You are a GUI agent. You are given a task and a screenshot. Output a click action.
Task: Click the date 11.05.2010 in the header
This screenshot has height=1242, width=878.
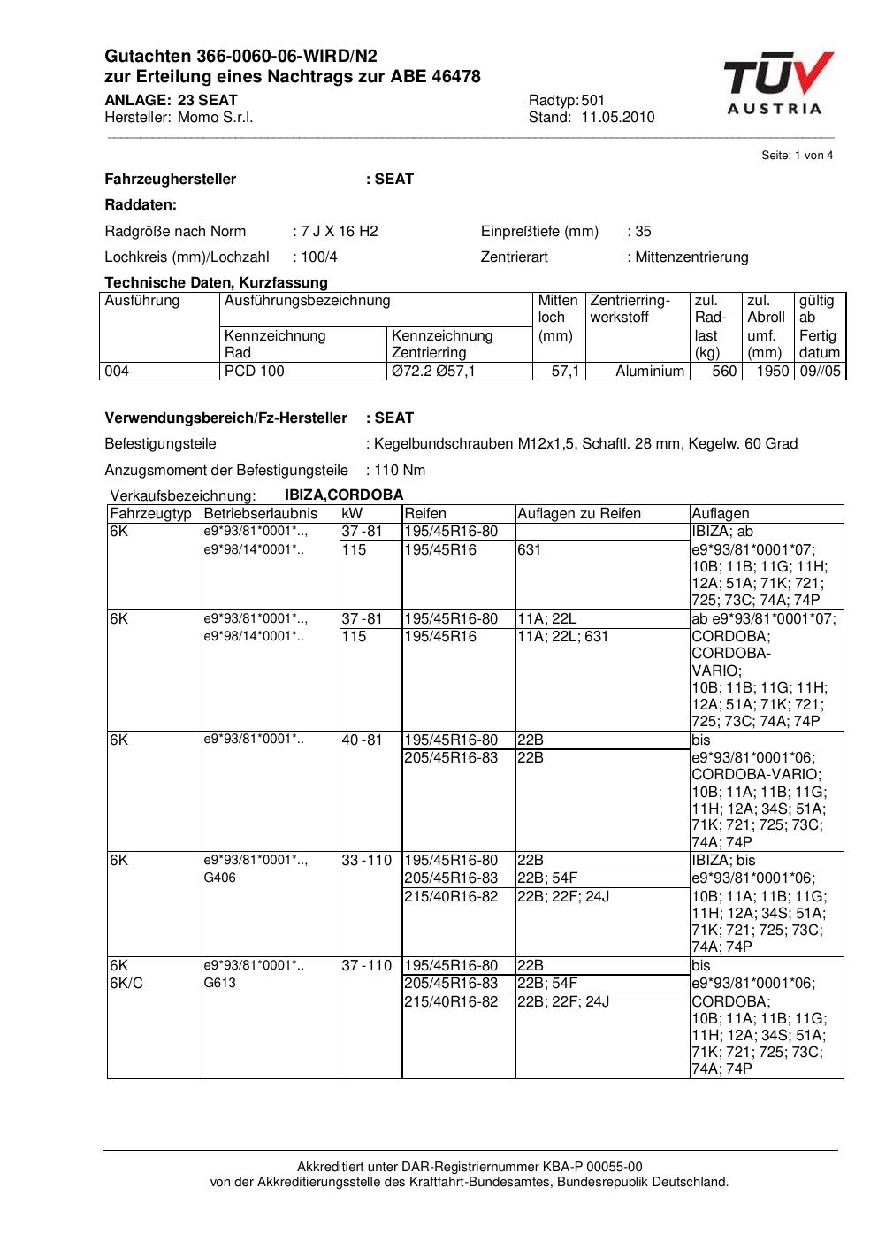(617, 118)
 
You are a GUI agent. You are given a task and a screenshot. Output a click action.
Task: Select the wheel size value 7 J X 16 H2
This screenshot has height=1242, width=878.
(339, 232)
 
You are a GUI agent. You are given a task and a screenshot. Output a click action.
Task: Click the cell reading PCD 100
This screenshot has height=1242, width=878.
(255, 372)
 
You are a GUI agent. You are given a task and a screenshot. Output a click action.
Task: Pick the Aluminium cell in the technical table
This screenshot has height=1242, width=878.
(650, 372)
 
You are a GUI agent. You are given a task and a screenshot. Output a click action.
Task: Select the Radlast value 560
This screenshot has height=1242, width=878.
(724, 372)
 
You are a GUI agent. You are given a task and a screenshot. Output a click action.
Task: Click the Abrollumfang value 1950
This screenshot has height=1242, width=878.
(772, 372)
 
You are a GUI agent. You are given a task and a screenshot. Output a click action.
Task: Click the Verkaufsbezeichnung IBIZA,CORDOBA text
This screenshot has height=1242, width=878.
(344, 495)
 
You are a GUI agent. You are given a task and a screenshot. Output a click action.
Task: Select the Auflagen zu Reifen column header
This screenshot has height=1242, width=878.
(579, 514)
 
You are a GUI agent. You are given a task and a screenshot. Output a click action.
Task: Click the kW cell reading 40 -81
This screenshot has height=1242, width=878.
(363, 740)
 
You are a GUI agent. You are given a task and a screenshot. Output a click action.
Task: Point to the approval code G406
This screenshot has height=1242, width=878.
(220, 878)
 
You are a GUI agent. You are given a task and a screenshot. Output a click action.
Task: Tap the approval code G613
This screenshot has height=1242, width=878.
(220, 983)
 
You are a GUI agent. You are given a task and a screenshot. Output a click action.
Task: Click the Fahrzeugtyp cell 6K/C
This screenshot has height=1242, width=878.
(125, 983)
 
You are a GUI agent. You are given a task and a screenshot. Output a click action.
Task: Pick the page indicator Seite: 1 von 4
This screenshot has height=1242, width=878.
(797, 156)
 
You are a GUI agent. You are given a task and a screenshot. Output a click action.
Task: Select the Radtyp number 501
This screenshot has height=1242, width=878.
(593, 101)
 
